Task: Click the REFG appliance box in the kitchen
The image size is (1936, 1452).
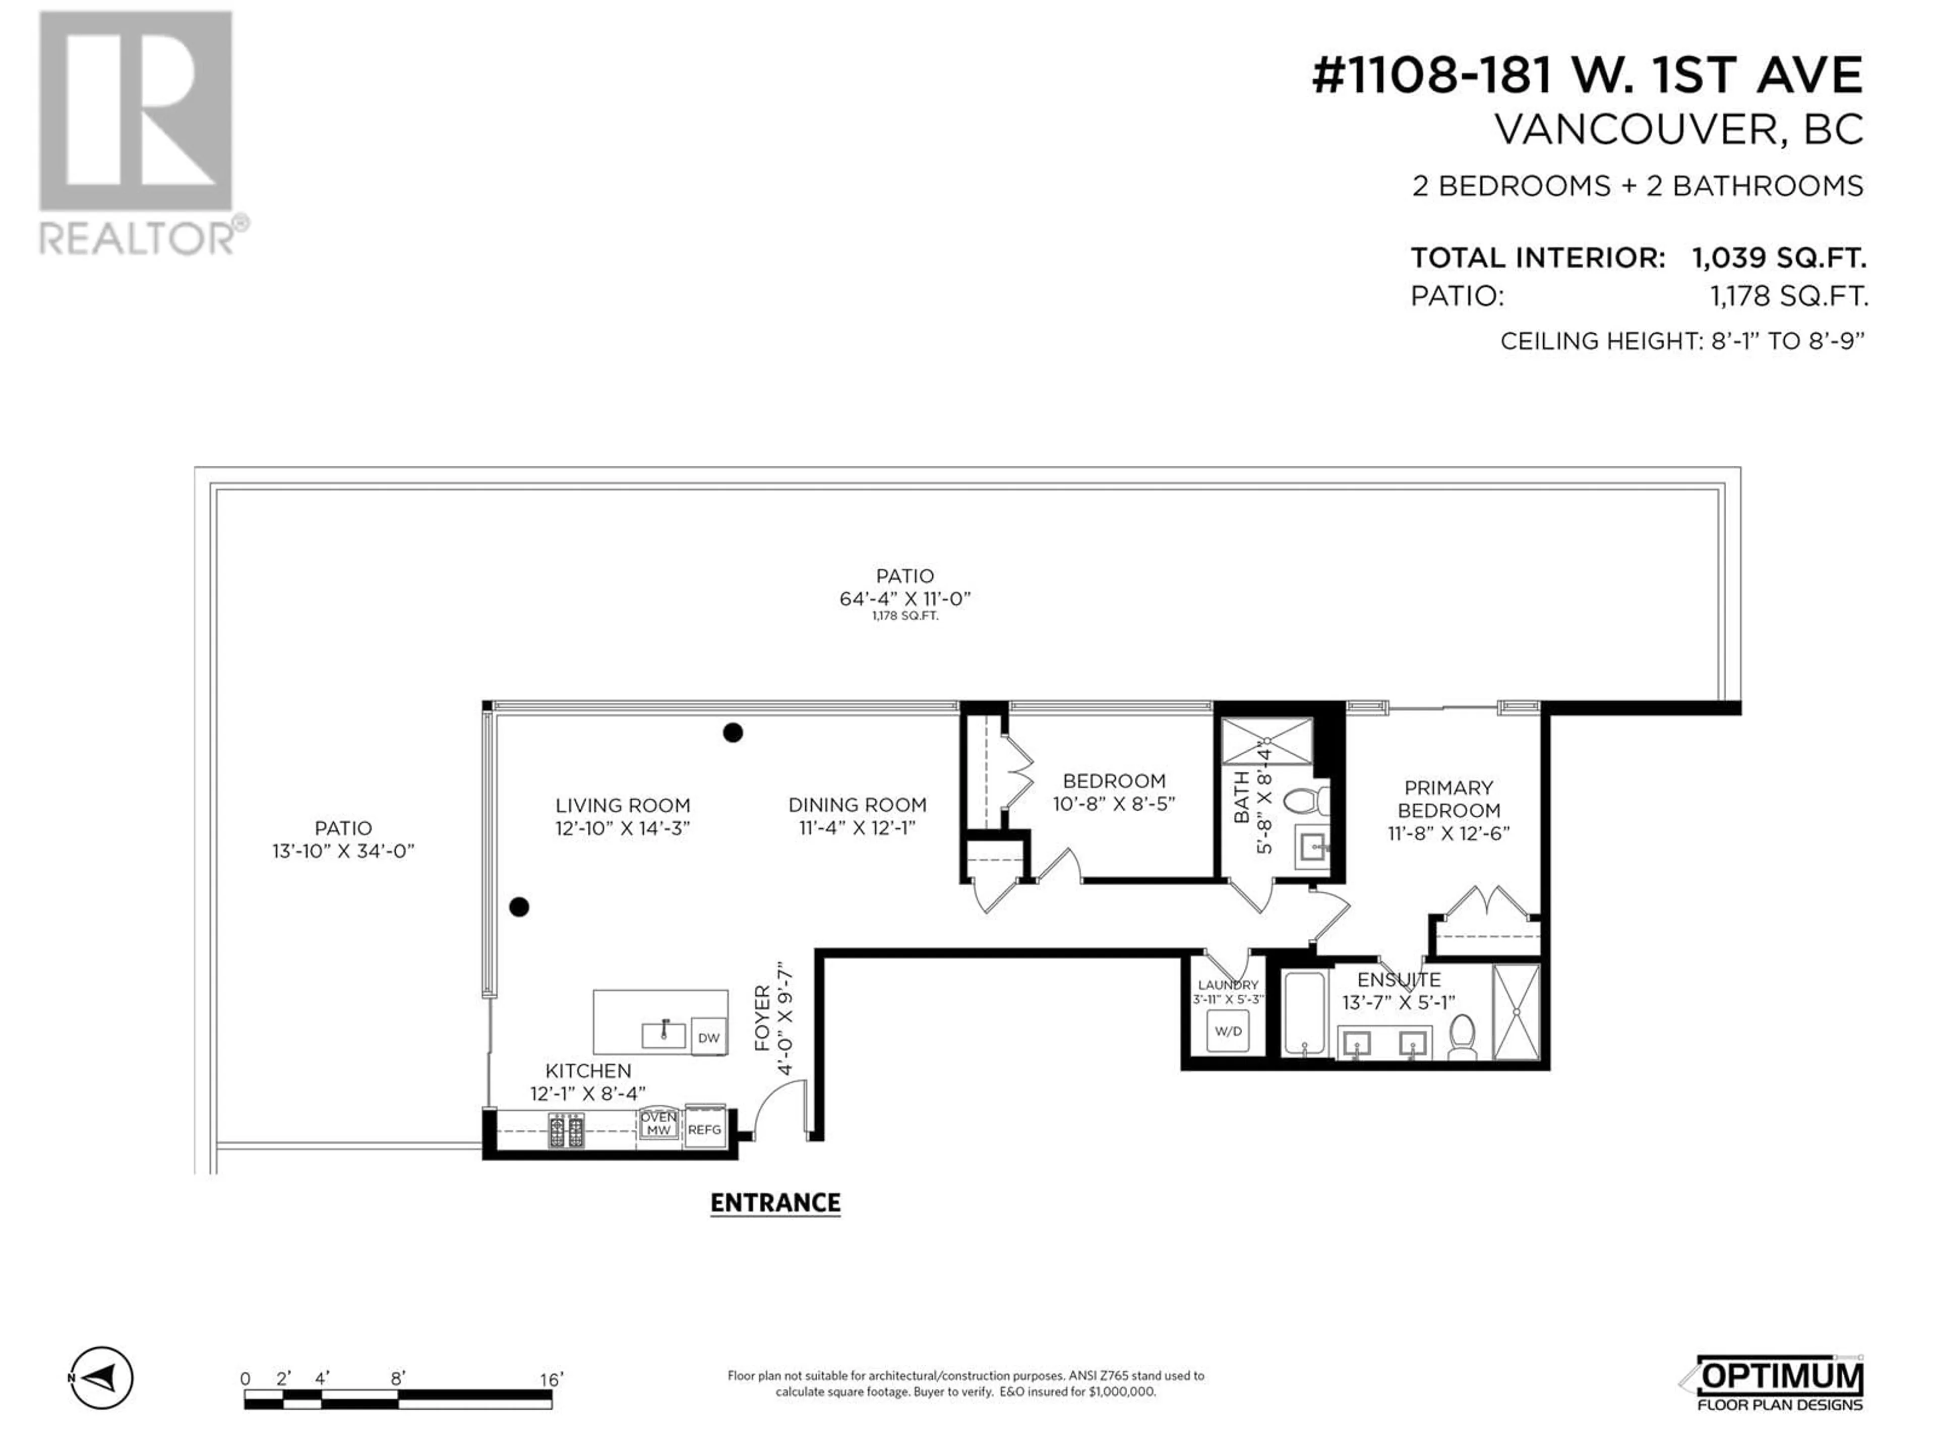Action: point(704,1129)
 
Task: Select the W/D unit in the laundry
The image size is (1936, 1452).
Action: point(1228,1031)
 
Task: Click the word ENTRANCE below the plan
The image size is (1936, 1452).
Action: point(775,1203)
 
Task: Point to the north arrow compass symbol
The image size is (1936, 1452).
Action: point(101,1378)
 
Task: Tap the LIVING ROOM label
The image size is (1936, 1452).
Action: point(622,805)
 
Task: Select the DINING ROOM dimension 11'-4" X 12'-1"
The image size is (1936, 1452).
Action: point(857,828)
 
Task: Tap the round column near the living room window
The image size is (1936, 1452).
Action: point(519,906)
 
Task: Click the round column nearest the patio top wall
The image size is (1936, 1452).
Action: point(733,733)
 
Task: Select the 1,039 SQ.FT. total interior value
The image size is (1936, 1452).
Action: point(1779,258)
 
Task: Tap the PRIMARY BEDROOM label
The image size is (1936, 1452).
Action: point(1448,799)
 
